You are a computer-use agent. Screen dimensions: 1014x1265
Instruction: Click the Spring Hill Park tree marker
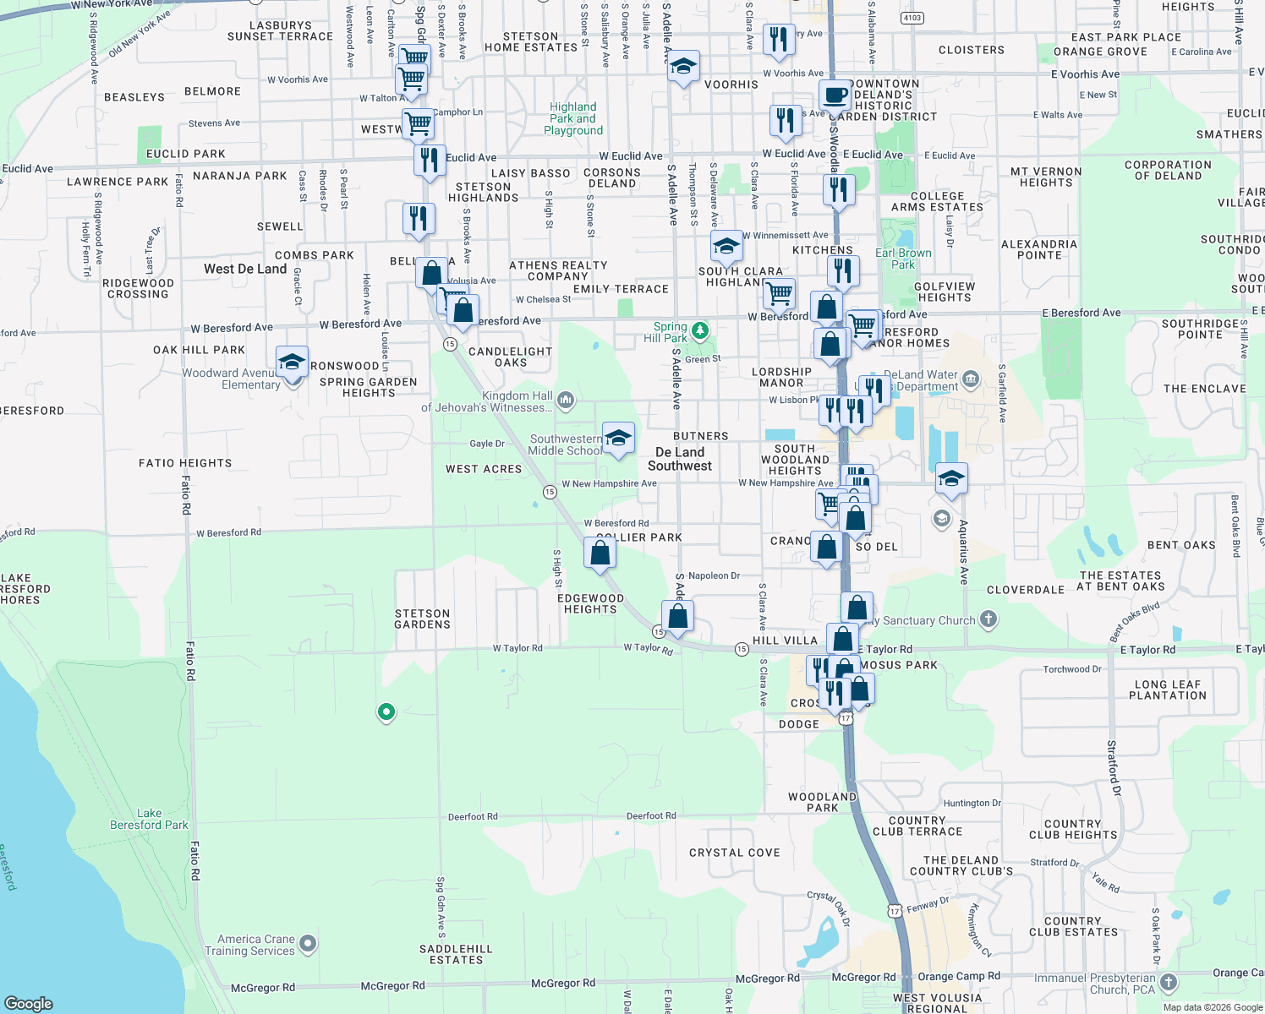699,330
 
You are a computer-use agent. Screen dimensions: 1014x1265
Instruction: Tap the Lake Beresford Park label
149,819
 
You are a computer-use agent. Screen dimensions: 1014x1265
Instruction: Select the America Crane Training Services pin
308,943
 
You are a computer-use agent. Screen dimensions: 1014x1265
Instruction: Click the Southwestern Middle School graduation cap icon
618,438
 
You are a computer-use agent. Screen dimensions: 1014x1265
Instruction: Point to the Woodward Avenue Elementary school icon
292,363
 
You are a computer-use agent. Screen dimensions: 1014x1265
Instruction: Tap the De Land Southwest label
680,459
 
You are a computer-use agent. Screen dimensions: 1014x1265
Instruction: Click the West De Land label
245,269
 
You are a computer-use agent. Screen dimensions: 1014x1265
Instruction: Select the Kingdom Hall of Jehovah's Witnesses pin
566,399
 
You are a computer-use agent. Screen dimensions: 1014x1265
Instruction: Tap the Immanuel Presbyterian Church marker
1169,982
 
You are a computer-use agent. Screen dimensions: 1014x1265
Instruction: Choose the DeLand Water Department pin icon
970,378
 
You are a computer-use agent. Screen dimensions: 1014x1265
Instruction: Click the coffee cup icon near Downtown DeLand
835,95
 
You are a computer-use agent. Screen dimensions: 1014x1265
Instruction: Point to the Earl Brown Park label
903,259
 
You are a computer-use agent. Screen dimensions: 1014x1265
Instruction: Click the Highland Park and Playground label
573,118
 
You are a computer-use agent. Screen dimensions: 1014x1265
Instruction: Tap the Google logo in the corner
29,1003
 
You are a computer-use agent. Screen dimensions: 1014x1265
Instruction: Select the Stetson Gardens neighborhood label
422,619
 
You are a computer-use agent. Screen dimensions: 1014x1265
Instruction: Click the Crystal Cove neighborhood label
734,853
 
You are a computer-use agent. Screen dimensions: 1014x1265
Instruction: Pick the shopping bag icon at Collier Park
600,553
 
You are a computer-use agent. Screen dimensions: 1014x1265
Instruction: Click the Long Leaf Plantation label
1167,690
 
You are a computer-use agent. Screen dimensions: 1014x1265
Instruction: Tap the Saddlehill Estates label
456,954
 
